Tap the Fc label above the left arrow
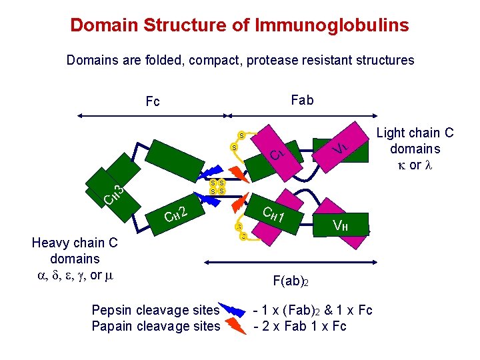[x=153, y=102]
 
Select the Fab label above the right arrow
[x=302, y=100]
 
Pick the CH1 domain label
[x=274, y=215]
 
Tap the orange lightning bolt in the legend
[x=234, y=325]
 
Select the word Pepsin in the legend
[x=111, y=310]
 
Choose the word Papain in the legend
[x=112, y=325]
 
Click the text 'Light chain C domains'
[x=415, y=141]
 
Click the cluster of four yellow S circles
[x=217, y=187]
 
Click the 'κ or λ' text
[x=414, y=165]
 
